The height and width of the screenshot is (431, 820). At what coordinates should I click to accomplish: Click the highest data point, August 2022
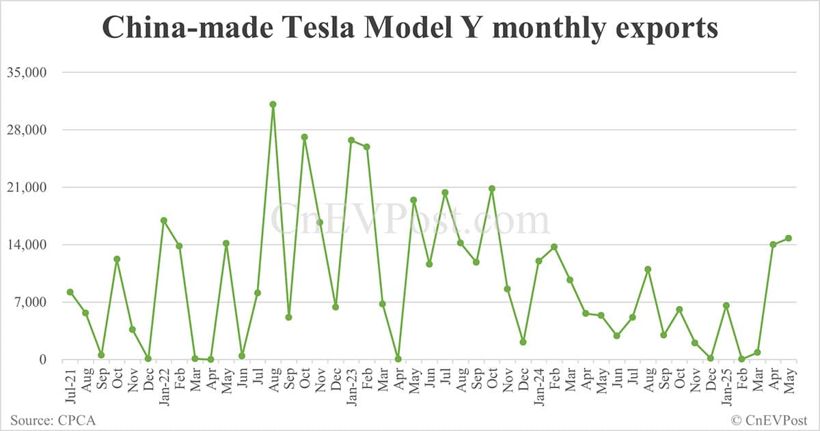(273, 105)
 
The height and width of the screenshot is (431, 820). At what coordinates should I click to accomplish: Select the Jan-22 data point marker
(163, 220)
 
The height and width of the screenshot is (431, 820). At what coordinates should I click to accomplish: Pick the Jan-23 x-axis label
(351, 385)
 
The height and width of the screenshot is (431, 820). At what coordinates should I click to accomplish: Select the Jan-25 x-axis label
(726, 385)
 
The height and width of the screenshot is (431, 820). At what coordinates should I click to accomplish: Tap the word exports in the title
(668, 28)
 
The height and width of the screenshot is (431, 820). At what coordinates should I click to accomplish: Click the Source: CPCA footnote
(53, 419)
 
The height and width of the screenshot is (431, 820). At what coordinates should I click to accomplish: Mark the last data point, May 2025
(788, 238)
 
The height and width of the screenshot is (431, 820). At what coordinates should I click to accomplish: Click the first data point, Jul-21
(70, 292)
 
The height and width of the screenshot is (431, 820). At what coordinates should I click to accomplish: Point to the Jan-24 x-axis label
(538, 385)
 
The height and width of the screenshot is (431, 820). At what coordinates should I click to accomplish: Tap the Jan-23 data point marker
(351, 140)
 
